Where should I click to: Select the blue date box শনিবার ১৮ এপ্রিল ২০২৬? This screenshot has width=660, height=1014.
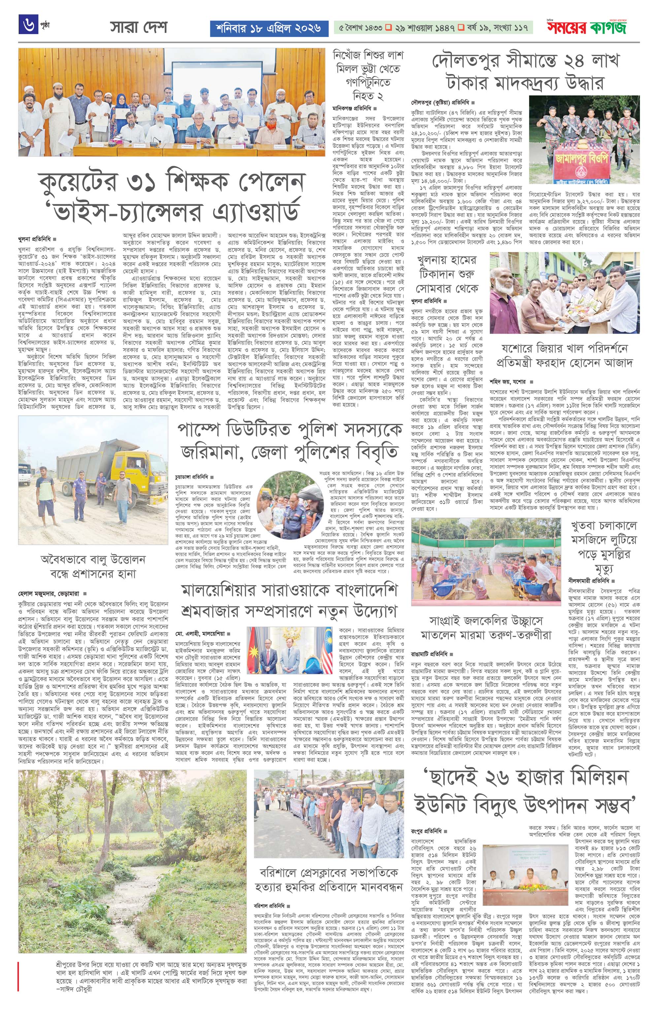tap(269, 28)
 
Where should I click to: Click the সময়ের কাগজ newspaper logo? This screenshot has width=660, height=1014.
tap(587, 28)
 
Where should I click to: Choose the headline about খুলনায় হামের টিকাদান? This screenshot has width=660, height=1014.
tap(447, 273)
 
